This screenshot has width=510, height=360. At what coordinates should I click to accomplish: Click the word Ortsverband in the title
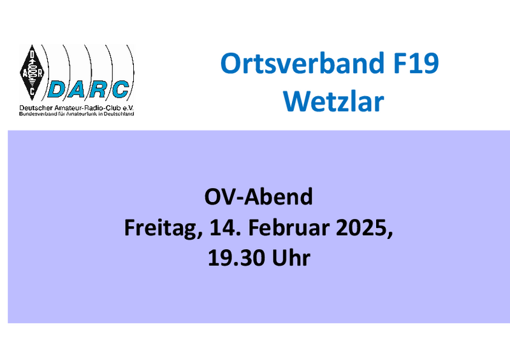(302, 63)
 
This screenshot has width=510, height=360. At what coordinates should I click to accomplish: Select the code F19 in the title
(416, 63)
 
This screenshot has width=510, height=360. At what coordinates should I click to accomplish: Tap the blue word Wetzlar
(333, 101)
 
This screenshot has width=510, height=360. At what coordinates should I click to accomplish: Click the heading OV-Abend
(259, 196)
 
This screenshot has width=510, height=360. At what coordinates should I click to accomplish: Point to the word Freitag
(163, 228)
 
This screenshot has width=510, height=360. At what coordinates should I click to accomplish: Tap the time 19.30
(236, 258)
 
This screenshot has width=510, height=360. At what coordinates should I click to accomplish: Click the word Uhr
(291, 257)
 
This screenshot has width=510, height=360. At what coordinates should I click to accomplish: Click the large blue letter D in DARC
(59, 89)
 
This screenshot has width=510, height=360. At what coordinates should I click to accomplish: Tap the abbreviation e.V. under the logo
(128, 108)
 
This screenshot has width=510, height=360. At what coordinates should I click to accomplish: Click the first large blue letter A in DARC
(78, 89)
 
